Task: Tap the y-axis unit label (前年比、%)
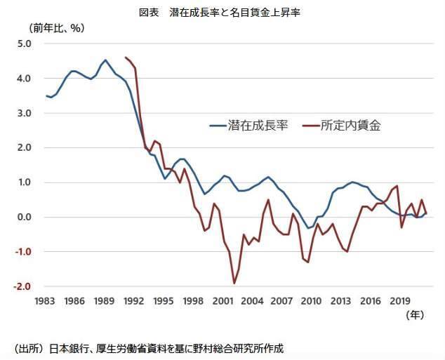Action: pyautogui.click(x=56, y=29)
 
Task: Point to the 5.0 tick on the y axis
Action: pyautogui.click(x=25, y=44)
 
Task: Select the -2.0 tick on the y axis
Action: pyautogui.click(x=23, y=286)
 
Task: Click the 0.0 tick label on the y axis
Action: pyautogui.click(x=25, y=217)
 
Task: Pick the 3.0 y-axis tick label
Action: pyautogui.click(x=25, y=113)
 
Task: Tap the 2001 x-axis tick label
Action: pyautogui.click(x=223, y=300)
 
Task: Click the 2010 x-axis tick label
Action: pyautogui.click(x=311, y=300)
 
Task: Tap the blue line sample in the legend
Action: pyautogui.click(x=218, y=127)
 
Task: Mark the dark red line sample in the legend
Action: pyautogui.click(x=310, y=127)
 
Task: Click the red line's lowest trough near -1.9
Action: pyautogui.click(x=234, y=283)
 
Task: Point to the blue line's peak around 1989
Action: pyautogui.click(x=105, y=60)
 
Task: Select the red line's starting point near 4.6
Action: pyautogui.click(x=125, y=58)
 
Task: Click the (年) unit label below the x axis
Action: pyautogui.click(x=416, y=316)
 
